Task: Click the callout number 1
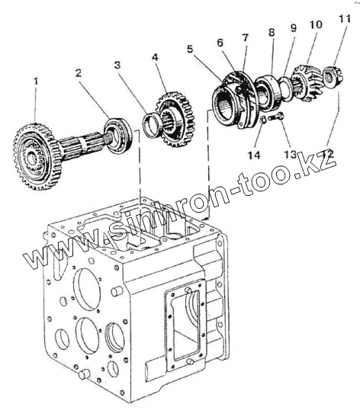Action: tap(36, 82)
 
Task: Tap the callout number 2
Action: tap(79, 73)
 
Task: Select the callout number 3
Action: tap(117, 65)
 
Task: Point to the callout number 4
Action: tap(155, 57)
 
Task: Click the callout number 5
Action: tap(190, 49)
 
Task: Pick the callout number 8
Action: tap(271, 33)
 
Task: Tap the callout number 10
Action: tap(316, 24)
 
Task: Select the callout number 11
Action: tap(345, 18)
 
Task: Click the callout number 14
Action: tap(254, 155)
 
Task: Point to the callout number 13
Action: tap(290, 154)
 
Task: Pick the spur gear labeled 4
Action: tap(174, 120)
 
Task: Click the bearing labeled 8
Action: tap(268, 91)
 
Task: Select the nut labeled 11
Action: tap(333, 75)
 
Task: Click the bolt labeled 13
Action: tap(276, 117)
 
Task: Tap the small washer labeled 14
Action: tap(263, 120)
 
